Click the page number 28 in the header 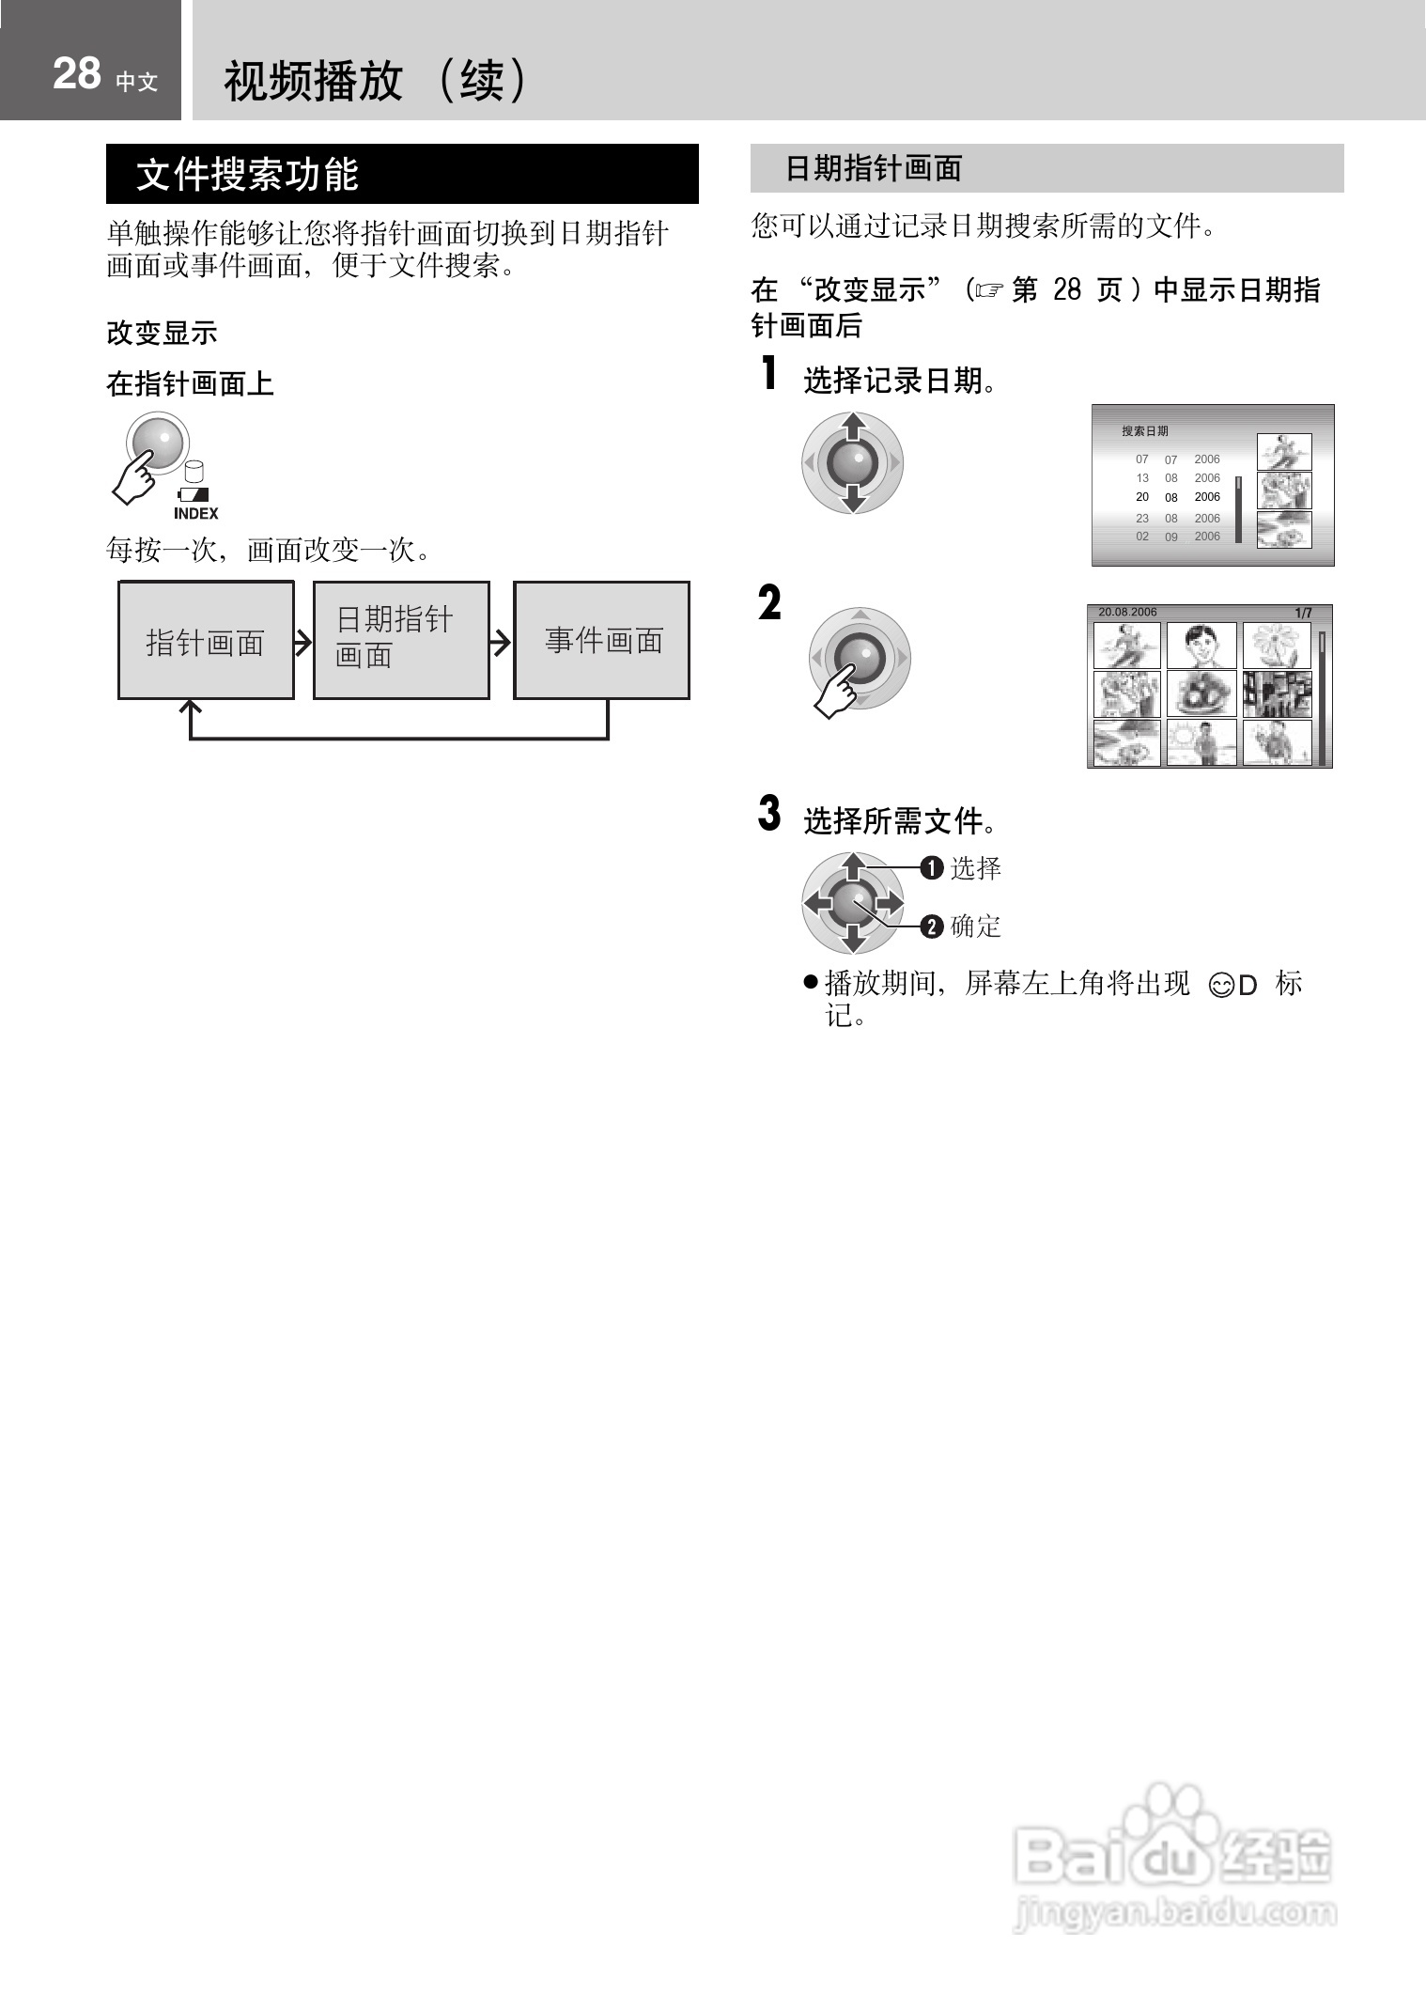(76, 74)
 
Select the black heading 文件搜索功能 (247, 175)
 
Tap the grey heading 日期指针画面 (874, 169)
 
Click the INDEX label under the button (195, 514)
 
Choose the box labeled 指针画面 (205, 641)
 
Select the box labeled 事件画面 (602, 641)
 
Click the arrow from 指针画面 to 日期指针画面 (302, 642)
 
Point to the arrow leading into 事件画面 (502, 642)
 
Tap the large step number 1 (769, 374)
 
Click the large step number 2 (769, 602)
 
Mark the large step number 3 (769, 814)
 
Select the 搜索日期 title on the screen (1144, 431)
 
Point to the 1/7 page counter (1303, 614)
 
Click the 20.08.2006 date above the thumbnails (1127, 613)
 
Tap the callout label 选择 (975, 868)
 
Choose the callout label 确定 (975, 926)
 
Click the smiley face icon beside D (1221, 986)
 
